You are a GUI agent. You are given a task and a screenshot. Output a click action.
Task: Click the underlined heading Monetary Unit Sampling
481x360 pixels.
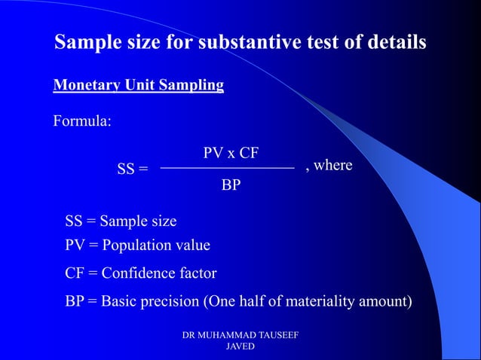coord(138,85)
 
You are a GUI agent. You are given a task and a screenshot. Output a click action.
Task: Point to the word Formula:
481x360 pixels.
coord(82,121)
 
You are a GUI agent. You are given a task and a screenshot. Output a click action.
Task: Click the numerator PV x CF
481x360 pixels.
coord(231,153)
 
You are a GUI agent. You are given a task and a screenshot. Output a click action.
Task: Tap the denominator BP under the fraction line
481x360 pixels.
coord(231,185)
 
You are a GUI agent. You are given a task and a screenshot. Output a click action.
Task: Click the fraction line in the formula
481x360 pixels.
coord(228,168)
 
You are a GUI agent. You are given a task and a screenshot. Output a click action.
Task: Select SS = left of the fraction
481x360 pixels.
coord(132,169)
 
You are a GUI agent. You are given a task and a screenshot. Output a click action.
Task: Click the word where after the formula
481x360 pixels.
coord(332,165)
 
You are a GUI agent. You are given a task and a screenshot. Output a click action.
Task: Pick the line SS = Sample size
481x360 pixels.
coord(121,221)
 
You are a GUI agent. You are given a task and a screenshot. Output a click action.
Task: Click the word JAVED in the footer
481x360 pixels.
coord(240,347)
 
